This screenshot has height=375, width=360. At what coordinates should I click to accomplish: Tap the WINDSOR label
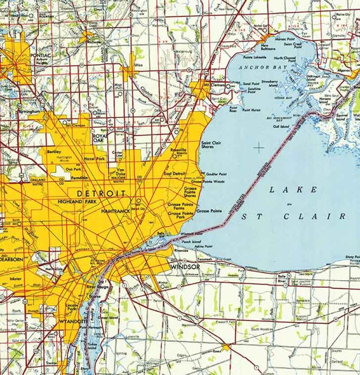click(185, 267)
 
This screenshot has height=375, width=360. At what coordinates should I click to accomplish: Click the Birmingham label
click(28, 111)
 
